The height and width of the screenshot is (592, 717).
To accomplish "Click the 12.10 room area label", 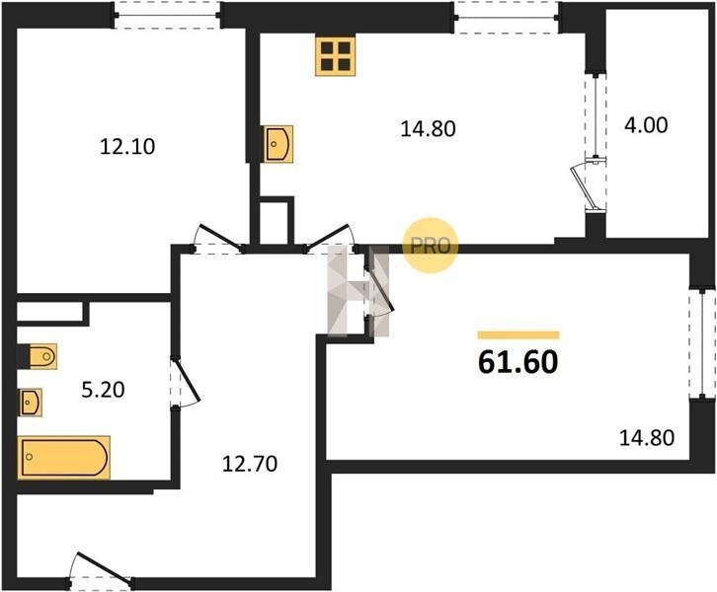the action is [127, 147].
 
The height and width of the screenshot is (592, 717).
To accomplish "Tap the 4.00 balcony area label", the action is [646, 124].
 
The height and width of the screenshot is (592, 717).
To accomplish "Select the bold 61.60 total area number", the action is [518, 362].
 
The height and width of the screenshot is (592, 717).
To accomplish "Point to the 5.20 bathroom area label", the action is [103, 390].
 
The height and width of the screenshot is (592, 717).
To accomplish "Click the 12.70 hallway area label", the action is [250, 464].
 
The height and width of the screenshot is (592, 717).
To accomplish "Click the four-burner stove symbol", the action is [335, 56].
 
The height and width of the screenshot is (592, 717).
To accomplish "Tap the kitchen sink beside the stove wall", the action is [278, 144].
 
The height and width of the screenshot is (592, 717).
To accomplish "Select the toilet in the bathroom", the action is [38, 356].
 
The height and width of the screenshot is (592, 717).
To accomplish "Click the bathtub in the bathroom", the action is [63, 457].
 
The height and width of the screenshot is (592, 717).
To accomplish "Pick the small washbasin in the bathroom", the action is [31, 403].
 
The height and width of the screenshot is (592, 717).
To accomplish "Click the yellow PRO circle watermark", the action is [430, 246].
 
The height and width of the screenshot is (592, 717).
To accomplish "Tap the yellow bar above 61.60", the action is [518, 335].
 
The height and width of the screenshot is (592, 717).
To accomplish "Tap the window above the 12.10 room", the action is [167, 15].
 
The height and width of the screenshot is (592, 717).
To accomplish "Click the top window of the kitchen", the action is [507, 18].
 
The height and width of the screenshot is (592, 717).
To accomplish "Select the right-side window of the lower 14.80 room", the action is [702, 342].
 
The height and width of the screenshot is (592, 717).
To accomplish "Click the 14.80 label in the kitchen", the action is [428, 129].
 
